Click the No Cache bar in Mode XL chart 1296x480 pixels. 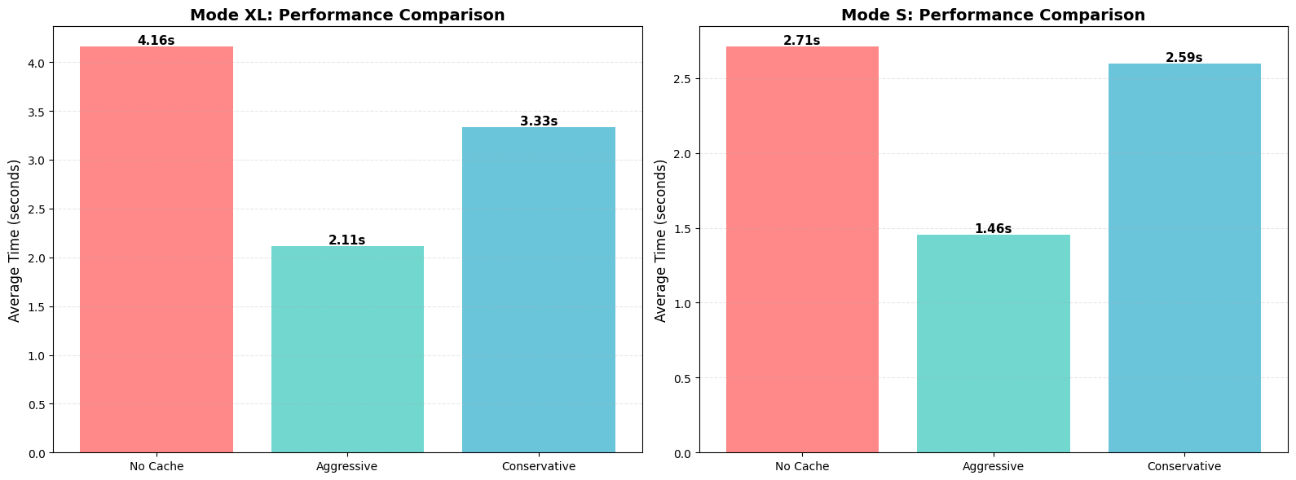(156, 249)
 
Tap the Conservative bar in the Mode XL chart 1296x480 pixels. (539, 289)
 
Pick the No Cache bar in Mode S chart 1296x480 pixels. (802, 249)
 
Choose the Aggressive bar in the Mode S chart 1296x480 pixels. (993, 343)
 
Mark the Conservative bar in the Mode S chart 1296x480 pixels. (1184, 258)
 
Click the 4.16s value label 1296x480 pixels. (156, 40)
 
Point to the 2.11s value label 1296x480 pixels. (347, 240)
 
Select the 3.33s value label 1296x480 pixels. (539, 121)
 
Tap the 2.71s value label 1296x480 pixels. (802, 40)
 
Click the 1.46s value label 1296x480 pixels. (993, 228)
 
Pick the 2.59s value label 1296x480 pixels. (1184, 57)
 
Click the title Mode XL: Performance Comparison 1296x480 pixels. (347, 15)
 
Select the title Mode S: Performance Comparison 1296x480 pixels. (993, 15)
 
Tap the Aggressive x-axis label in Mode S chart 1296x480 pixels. (993, 466)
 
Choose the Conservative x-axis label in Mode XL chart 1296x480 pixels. (539, 466)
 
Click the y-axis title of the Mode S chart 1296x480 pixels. (661, 240)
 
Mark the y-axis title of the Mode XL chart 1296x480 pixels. (15, 240)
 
